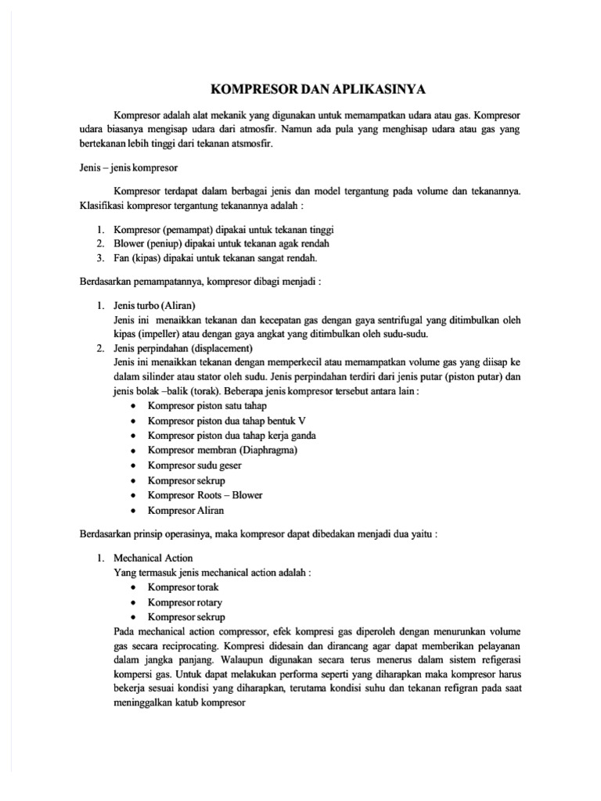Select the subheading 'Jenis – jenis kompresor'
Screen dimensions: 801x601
tap(129, 167)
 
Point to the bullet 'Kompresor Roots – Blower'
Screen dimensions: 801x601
tap(205, 494)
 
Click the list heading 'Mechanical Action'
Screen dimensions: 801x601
tap(153, 559)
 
